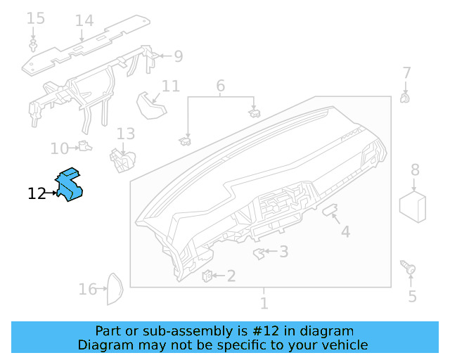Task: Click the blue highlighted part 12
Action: (x=70, y=184)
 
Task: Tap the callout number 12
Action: (x=37, y=193)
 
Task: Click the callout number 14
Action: (x=84, y=20)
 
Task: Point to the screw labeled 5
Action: (x=408, y=268)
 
